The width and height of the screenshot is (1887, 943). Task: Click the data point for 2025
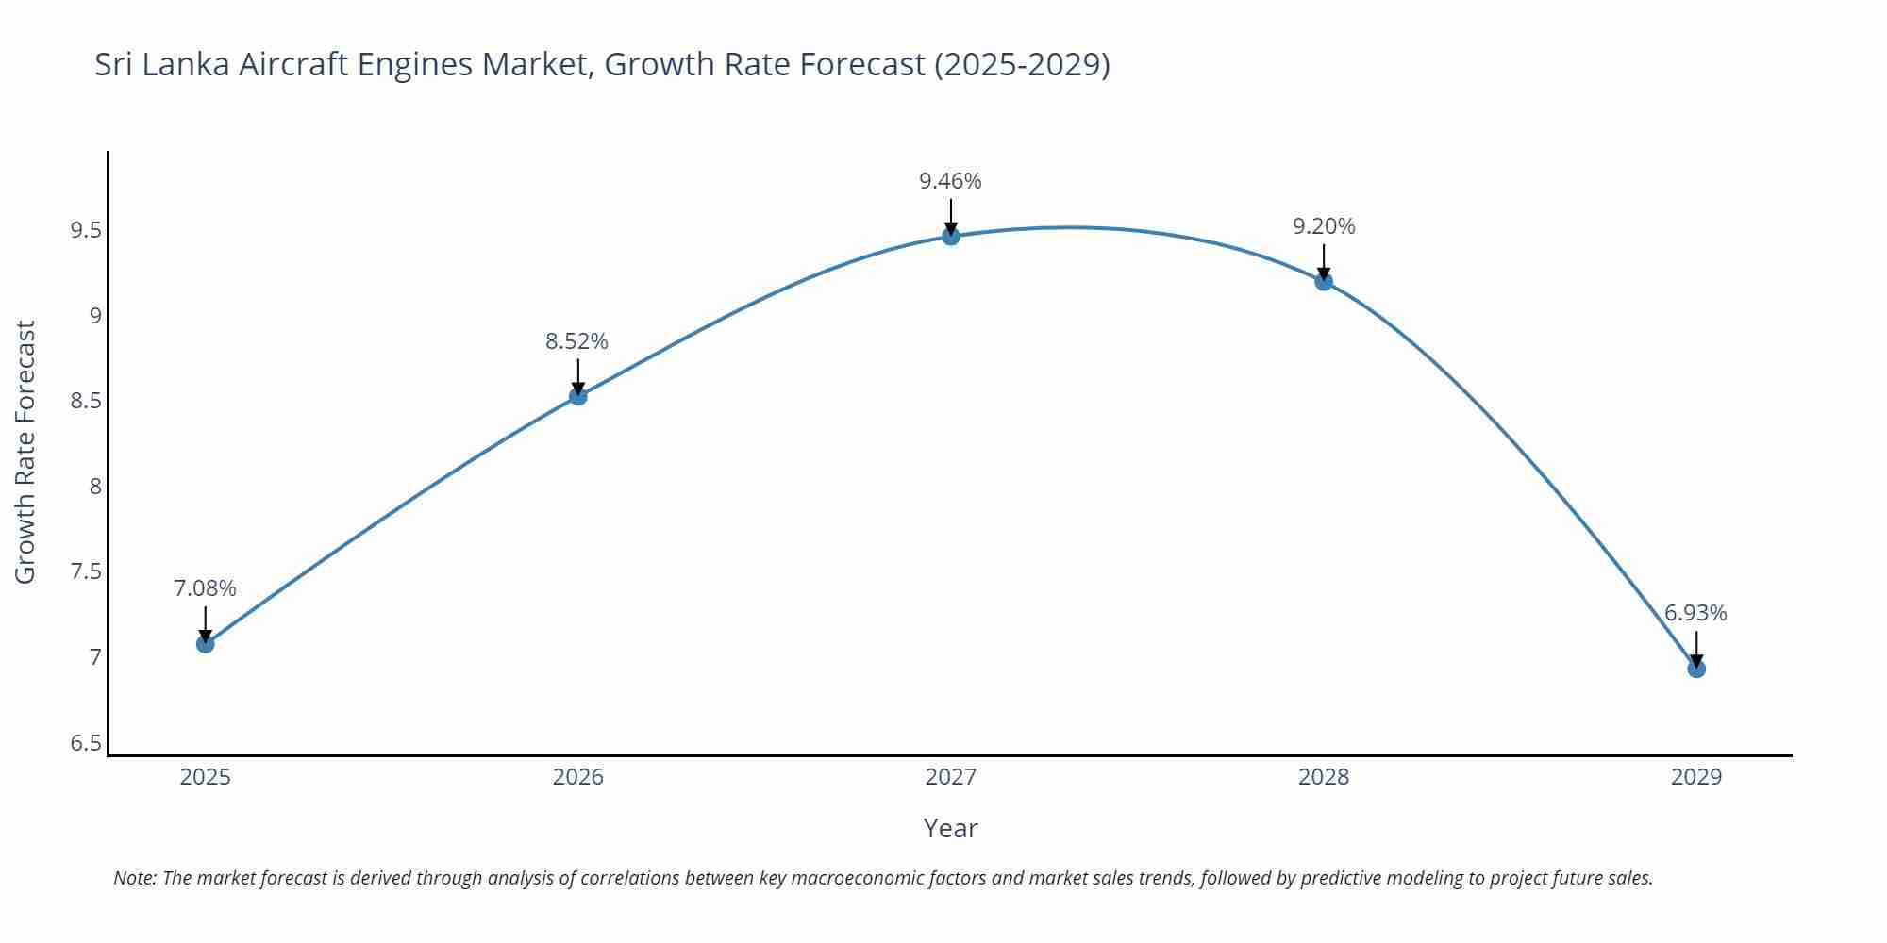205,644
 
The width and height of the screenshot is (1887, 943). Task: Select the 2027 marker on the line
950,236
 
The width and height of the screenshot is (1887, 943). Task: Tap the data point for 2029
1695,669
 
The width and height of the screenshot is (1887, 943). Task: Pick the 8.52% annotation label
576,341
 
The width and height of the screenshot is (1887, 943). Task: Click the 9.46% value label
950,181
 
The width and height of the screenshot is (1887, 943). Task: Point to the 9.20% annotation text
1323,226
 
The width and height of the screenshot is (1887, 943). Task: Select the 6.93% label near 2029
1695,613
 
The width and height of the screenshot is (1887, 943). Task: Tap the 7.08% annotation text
205,588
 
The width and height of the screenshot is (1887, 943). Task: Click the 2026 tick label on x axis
577,777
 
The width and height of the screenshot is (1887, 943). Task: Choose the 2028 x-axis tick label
1323,777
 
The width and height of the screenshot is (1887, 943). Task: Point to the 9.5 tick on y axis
86,230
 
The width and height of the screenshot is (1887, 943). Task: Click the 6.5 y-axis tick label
86,743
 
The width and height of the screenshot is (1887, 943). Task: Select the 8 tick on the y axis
95,487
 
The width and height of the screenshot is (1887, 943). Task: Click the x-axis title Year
950,828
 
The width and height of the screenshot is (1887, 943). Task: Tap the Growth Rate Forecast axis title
25,452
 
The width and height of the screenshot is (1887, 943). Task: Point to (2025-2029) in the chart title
1022,64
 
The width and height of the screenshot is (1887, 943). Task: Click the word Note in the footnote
134,878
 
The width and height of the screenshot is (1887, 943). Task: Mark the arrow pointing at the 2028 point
1323,261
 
